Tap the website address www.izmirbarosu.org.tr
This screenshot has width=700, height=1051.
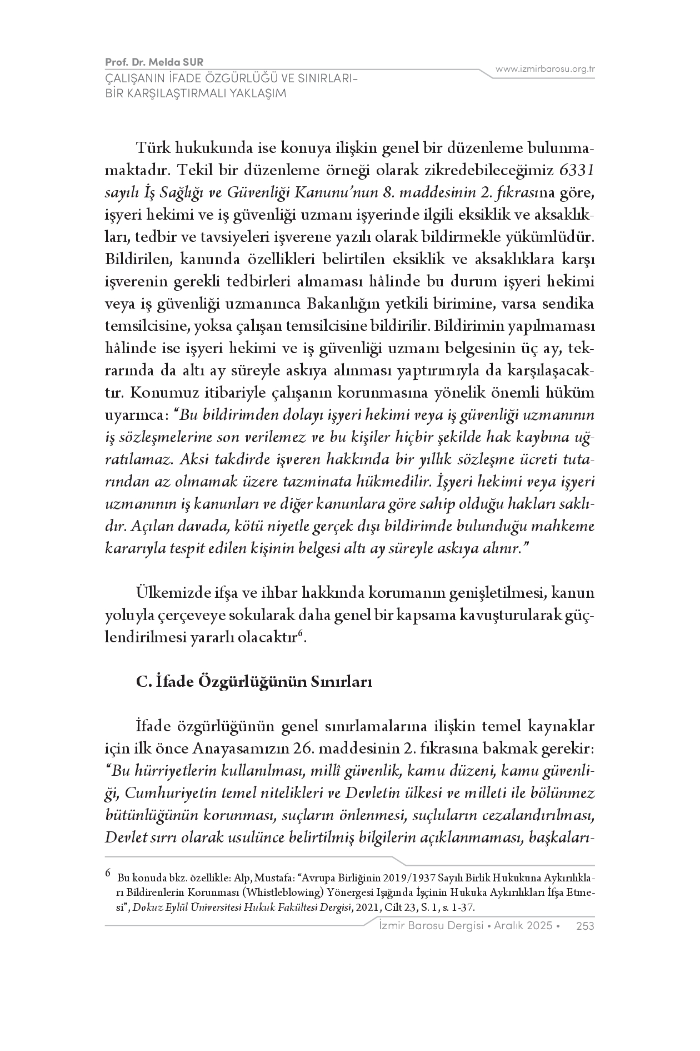coord(546,69)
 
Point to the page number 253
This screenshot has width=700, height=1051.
coord(586,925)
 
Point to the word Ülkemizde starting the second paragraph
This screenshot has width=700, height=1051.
coord(166,593)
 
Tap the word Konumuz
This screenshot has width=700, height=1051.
coord(157,393)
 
